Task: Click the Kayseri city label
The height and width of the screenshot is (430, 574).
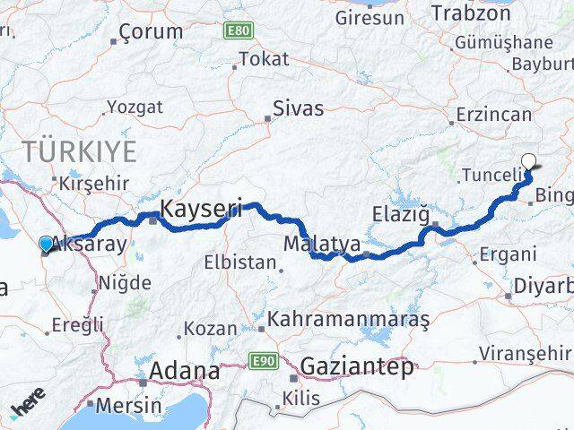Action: [x=201, y=210]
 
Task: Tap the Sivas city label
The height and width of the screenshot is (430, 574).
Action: [x=299, y=108]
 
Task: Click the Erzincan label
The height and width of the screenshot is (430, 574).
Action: [x=493, y=114]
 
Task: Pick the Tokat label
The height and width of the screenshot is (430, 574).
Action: [x=265, y=59]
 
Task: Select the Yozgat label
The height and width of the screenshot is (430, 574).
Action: [x=135, y=107]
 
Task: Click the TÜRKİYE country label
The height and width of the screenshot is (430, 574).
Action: [x=81, y=149]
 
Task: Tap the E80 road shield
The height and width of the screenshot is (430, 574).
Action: [x=238, y=30]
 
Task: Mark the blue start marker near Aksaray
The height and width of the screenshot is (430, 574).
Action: [x=46, y=243]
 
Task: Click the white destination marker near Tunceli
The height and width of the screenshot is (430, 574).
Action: [x=529, y=162]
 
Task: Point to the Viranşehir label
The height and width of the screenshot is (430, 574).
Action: [x=525, y=353]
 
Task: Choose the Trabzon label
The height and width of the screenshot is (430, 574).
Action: [x=471, y=13]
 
